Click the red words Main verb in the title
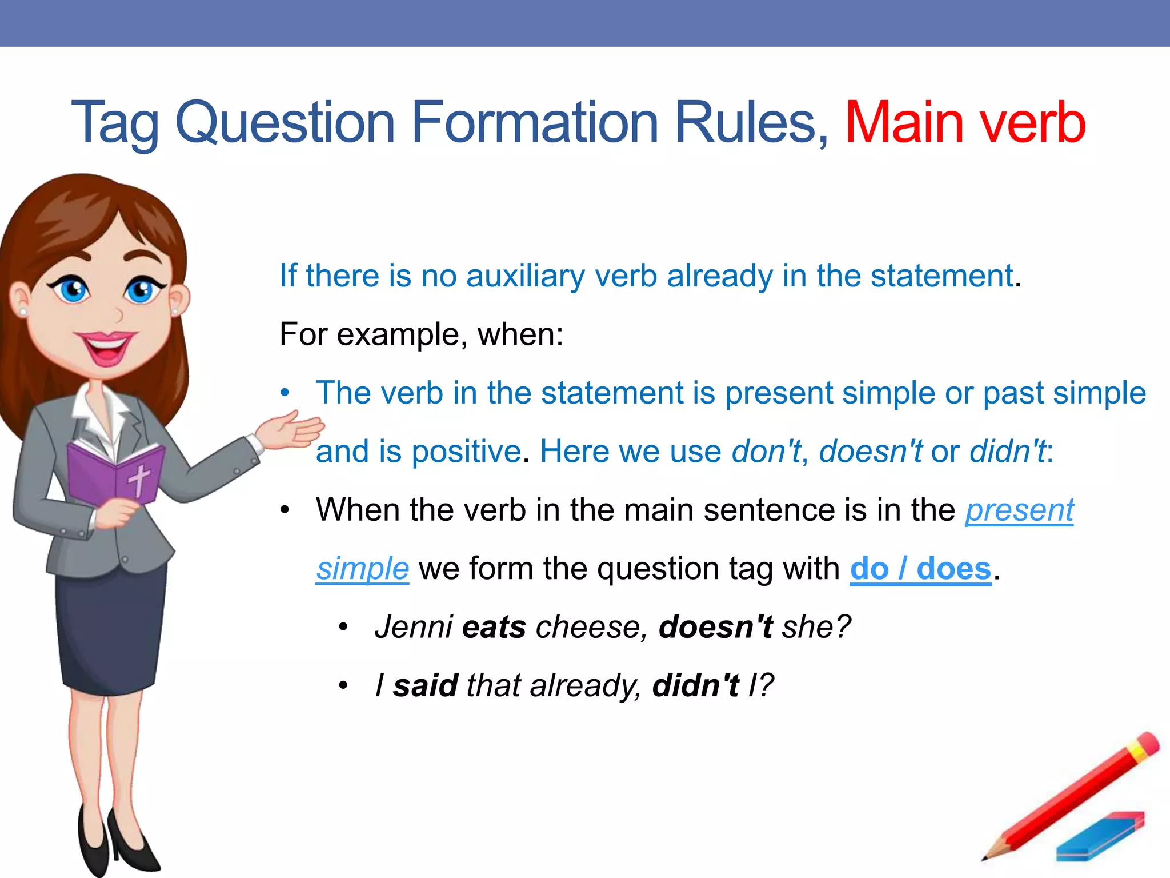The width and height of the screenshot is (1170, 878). point(964,122)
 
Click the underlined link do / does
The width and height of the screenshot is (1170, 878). point(920,569)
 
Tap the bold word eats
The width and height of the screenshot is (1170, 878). point(494,627)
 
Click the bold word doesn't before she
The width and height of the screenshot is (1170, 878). point(715,627)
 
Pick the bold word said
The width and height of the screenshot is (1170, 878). point(425,685)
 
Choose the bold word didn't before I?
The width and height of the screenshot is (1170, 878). point(695,685)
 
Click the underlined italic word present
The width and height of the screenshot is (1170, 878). point(1019,510)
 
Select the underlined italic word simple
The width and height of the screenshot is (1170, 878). point(363,569)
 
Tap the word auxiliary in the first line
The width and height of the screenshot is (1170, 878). point(525,276)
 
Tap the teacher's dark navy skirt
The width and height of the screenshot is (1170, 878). point(109,629)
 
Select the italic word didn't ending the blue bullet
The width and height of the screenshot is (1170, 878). point(1008,452)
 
